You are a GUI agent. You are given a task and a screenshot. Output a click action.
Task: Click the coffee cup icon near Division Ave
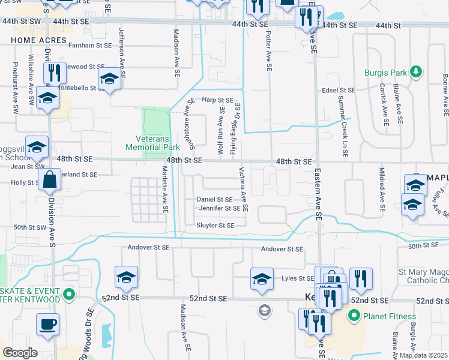point(48,324)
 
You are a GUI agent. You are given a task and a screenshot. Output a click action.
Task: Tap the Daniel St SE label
point(214,199)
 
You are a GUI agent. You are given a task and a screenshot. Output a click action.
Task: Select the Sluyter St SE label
point(214,225)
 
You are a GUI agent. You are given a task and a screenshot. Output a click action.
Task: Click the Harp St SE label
point(217,100)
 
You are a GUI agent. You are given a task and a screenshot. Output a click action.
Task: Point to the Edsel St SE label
point(339,90)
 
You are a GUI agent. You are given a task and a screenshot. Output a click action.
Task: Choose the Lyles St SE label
point(298,278)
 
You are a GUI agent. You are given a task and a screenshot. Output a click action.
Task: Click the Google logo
point(19,353)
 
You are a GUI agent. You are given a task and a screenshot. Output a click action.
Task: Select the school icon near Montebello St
point(109,79)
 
